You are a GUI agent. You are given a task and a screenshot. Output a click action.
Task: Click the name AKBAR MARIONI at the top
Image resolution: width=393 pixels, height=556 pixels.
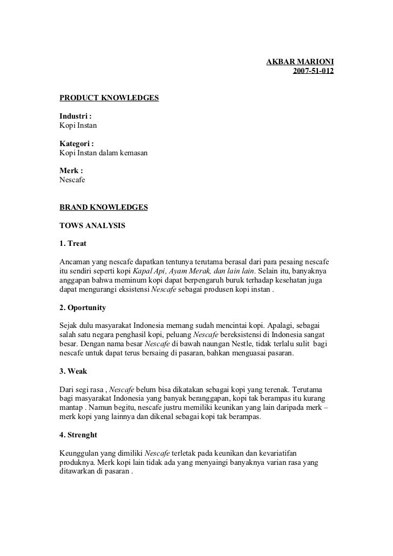(x=300, y=62)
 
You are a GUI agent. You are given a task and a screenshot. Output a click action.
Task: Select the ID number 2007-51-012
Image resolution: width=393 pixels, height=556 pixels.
(x=313, y=71)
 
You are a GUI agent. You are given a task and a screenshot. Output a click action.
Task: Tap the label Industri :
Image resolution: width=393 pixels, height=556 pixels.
(x=76, y=116)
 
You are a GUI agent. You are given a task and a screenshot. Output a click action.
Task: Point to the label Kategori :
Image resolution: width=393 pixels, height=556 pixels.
(x=77, y=144)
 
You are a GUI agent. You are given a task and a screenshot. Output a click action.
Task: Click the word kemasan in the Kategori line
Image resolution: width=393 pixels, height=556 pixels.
(x=132, y=153)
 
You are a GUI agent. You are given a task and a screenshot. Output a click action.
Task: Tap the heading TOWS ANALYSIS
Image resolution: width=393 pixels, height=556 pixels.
(x=92, y=225)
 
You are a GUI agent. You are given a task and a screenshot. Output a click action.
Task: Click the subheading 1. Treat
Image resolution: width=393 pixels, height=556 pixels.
(x=73, y=243)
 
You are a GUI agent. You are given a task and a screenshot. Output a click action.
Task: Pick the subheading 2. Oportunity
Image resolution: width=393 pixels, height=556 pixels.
(x=83, y=308)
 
